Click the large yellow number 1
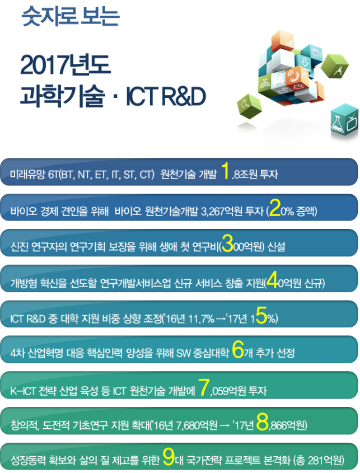(x=225, y=170)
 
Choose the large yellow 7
(x=204, y=387)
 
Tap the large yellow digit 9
(x=169, y=457)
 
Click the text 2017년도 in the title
(x=65, y=65)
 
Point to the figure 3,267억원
(x=221, y=211)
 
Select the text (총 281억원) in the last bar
(x=319, y=460)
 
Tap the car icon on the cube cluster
(x=278, y=80)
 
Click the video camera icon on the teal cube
(x=316, y=53)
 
